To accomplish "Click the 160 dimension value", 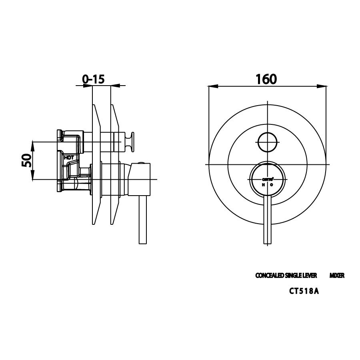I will (x=266, y=79).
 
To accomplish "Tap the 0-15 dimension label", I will (x=94, y=79).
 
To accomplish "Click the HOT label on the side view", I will (x=69, y=158).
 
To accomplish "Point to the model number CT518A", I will (x=304, y=291).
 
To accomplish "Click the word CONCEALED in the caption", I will (x=270, y=276).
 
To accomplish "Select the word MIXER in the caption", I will (x=337, y=276).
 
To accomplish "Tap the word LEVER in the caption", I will (x=310, y=276).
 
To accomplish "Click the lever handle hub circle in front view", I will (x=267, y=180).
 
